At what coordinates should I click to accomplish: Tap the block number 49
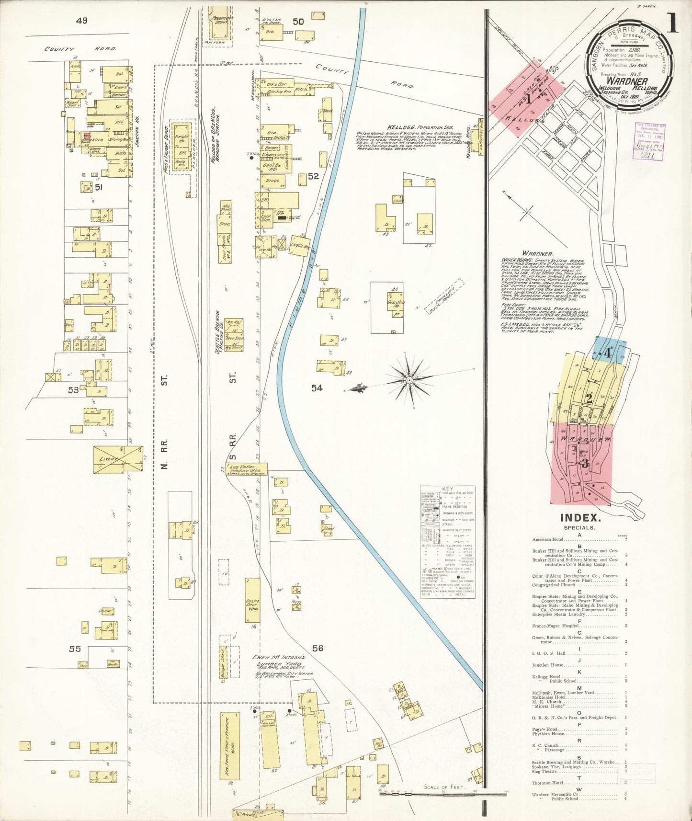[x=81, y=21]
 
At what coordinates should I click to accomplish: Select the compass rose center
[x=410, y=380]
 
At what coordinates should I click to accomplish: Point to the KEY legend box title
[x=447, y=489]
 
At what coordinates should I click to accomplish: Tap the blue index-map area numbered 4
[x=608, y=354]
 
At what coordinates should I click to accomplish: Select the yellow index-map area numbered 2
[x=589, y=398]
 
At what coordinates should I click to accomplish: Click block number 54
[x=317, y=388]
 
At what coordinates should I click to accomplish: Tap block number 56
[x=318, y=649]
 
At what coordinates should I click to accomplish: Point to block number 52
[x=313, y=177]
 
